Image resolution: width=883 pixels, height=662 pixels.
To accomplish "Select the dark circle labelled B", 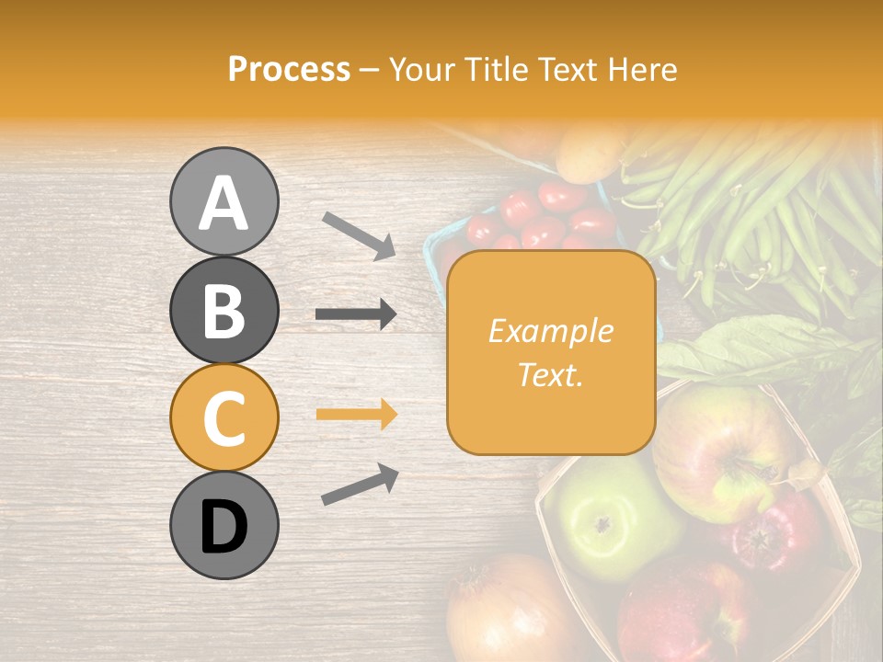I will pos(224,310).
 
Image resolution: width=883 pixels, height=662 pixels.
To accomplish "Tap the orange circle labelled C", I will pos(224,417).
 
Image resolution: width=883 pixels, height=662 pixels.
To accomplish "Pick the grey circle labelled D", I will pos(224,526).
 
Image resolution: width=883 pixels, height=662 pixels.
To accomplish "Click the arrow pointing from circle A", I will pos(359,234).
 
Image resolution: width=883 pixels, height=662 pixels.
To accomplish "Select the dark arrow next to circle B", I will pos(356,314).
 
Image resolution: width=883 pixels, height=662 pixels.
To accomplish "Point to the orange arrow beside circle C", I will pos(356,414).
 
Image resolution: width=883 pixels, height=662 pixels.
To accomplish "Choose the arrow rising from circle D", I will pos(360,485).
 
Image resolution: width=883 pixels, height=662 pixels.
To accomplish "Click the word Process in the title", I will pos(289,69).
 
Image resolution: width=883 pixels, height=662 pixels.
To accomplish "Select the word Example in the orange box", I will pos(550,331).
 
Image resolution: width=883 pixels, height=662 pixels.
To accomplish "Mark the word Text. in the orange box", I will pos(550,373).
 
